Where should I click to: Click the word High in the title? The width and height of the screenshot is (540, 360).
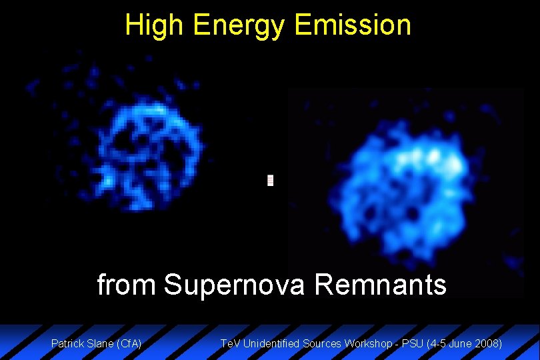pyautogui.click(x=155, y=25)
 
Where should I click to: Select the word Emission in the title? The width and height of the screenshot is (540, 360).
pyautogui.click(x=353, y=25)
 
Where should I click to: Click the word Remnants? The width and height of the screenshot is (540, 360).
pyautogui.click(x=380, y=285)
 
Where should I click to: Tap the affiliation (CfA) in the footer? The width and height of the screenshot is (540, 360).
pyautogui.click(x=129, y=344)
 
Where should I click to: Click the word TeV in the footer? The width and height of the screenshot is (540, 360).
pyautogui.click(x=231, y=344)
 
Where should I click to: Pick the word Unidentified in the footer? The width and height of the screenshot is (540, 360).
pyautogui.click(x=271, y=344)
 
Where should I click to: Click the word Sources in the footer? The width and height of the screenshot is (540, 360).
pyautogui.click(x=322, y=344)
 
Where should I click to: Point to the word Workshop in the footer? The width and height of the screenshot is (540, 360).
pyautogui.click(x=366, y=344)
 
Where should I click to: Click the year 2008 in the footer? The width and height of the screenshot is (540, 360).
pyautogui.click(x=488, y=344)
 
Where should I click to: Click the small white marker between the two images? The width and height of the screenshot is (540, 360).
pyautogui.click(x=270, y=180)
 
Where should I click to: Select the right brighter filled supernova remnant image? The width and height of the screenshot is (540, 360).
pyautogui.click(x=400, y=187)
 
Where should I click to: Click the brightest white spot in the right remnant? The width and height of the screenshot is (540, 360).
pyautogui.click(x=434, y=157)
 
